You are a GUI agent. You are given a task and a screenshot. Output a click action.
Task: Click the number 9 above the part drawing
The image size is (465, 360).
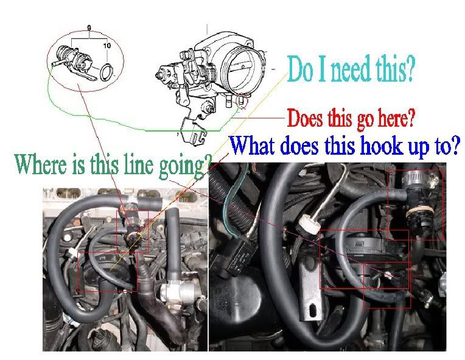(89, 28)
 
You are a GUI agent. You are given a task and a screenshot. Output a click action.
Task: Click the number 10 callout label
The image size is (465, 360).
(107, 46)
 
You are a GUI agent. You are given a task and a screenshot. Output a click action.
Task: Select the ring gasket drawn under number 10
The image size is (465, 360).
(107, 72)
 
